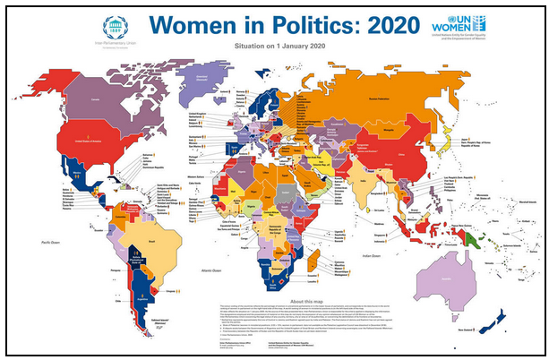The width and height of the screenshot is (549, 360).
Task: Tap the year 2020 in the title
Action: [x=352, y=24]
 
